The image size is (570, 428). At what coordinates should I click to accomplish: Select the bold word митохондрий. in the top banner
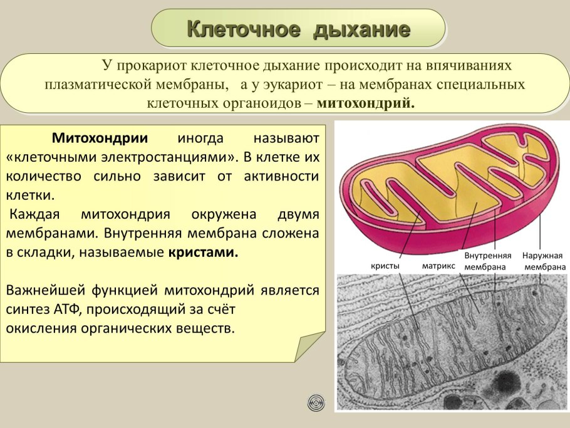[366, 102]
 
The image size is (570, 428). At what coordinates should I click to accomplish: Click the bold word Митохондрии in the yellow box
[100, 138]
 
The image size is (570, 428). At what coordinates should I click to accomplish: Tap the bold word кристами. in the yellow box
[204, 254]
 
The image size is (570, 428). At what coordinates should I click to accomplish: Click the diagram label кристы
[386, 266]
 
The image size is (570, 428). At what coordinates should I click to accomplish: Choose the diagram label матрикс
[438, 266]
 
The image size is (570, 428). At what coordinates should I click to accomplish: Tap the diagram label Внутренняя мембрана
[488, 261]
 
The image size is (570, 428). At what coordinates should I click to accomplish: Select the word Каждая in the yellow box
[34, 214]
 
